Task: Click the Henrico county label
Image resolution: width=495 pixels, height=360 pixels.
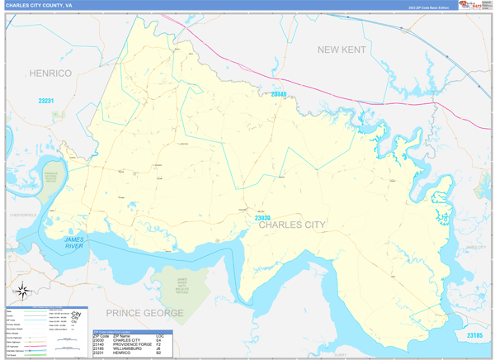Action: (x=50, y=73)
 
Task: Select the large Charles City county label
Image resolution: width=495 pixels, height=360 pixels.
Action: (x=291, y=224)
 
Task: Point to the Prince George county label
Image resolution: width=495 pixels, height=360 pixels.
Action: (x=144, y=313)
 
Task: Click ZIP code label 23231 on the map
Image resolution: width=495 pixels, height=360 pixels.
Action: (x=46, y=101)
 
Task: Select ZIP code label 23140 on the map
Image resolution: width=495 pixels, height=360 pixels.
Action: (x=279, y=95)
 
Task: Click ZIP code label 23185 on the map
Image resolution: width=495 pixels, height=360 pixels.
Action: (x=474, y=334)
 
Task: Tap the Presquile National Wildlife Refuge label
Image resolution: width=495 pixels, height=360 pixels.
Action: (x=51, y=178)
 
